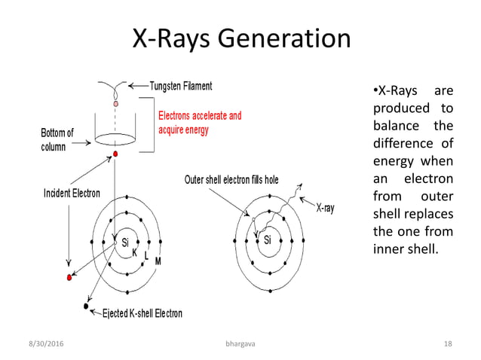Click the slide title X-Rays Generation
tap(241, 39)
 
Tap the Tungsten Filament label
tap(181, 85)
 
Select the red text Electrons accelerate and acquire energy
tap(199, 123)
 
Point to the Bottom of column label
tap(57, 140)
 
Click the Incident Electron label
tap(69, 193)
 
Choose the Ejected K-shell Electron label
tap(141, 313)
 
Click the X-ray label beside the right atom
tap(325, 208)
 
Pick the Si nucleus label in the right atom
tap(268, 241)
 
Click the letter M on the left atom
tap(158, 261)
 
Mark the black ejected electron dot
tap(86, 307)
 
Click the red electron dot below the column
tap(115, 154)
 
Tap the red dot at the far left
tap(70, 278)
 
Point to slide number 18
tap(448, 343)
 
